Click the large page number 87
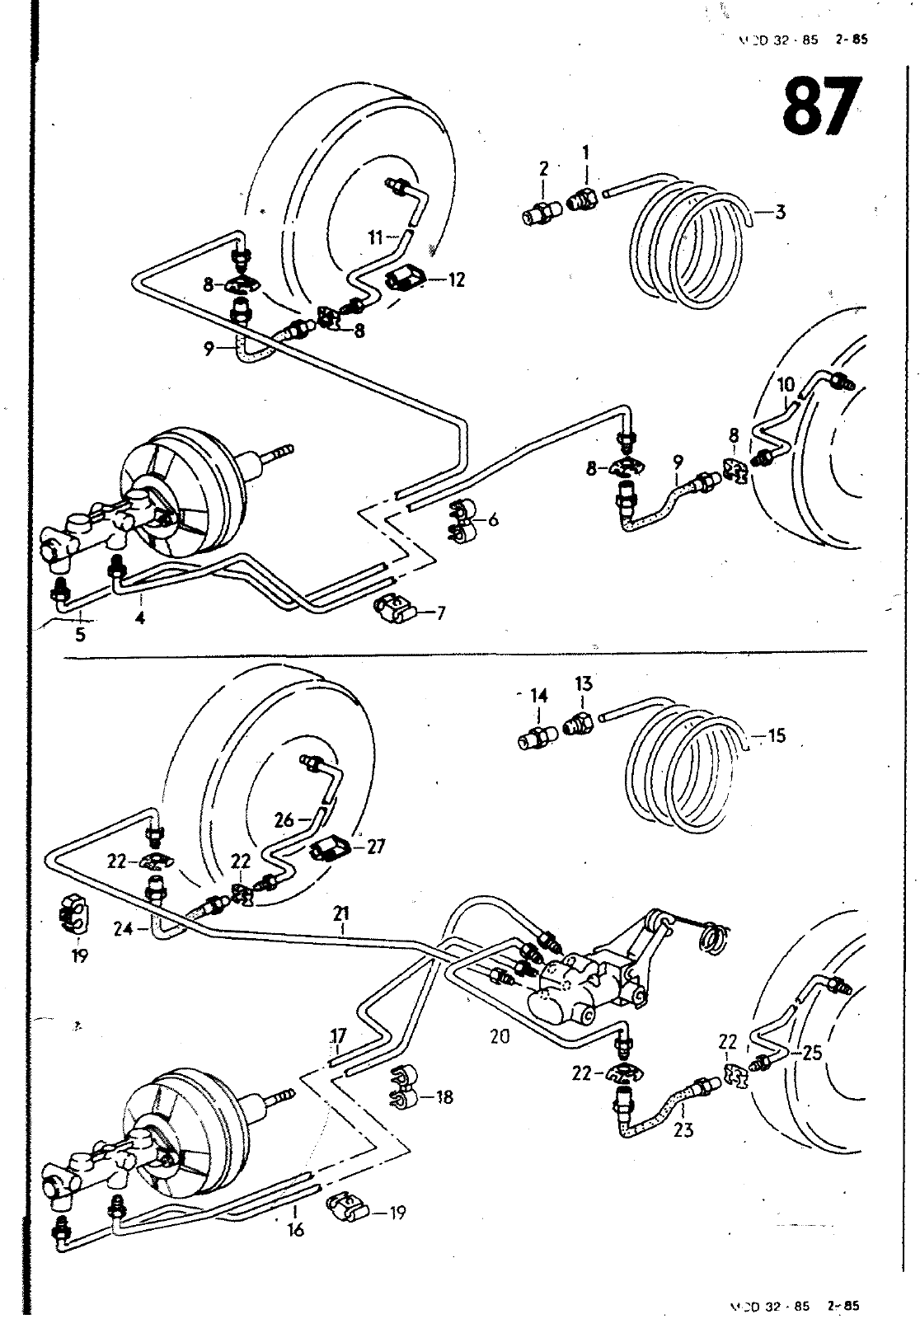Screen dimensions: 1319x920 [821, 108]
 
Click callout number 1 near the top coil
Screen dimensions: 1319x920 [586, 153]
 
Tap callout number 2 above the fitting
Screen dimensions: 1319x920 [544, 169]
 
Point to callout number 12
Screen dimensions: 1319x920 [456, 279]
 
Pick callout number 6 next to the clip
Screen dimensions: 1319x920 [493, 519]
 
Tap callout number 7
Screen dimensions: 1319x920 [441, 613]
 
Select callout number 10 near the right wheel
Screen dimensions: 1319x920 [786, 384]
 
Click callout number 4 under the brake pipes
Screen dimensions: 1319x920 [140, 617]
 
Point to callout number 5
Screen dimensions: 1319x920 [80, 635]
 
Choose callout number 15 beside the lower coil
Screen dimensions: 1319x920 [777, 735]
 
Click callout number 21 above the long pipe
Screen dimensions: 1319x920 [342, 913]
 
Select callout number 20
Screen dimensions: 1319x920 [500, 1037]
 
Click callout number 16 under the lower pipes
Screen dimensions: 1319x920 [295, 1230]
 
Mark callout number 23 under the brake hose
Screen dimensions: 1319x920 [683, 1130]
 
